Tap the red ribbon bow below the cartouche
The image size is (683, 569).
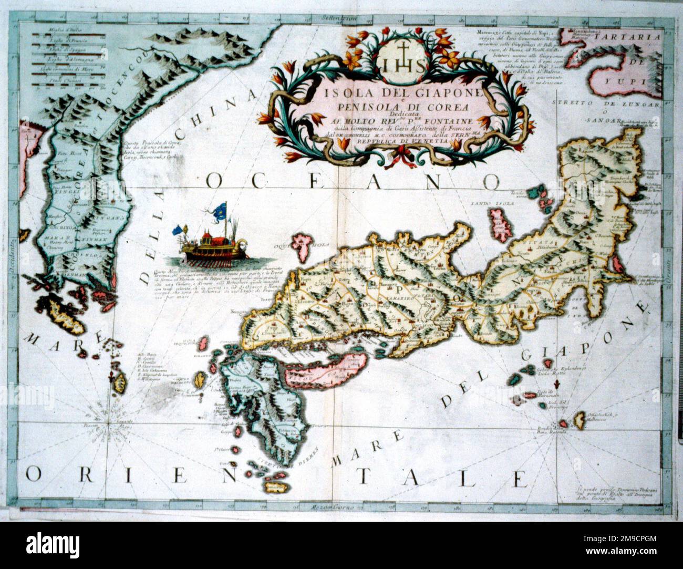405,154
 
